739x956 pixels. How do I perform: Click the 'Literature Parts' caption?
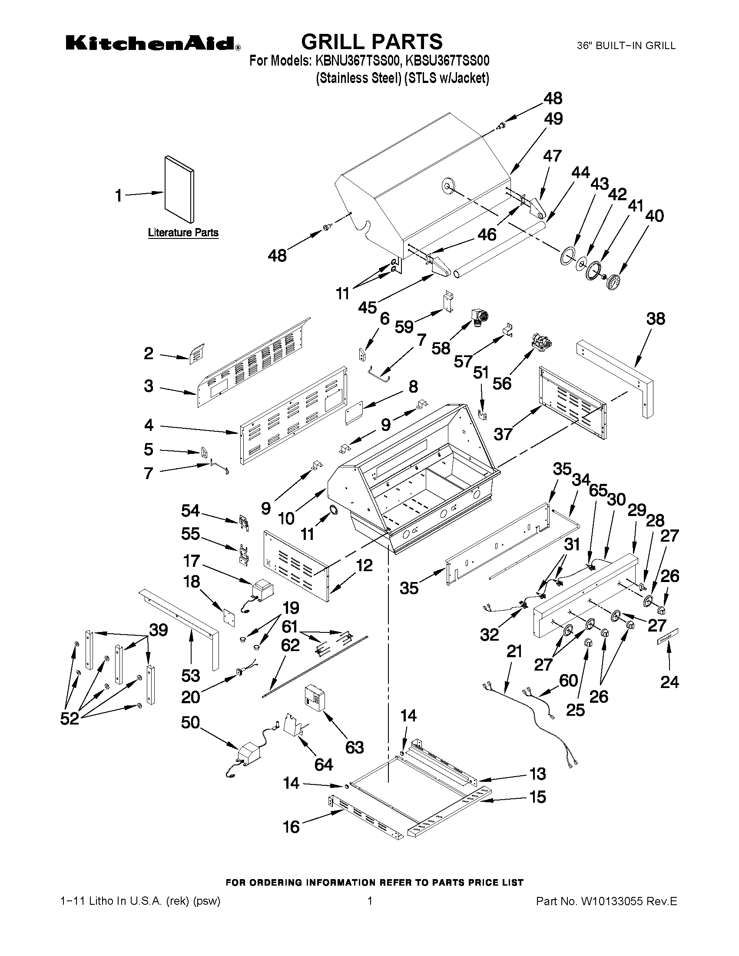pos(183,232)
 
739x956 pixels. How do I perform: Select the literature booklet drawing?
pos(179,189)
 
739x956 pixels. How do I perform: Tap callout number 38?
pos(656,319)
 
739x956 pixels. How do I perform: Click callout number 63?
pos(354,747)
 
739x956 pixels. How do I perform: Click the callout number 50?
pos(190,722)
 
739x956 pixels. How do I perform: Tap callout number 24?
pos(669,681)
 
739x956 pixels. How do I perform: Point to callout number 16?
pos(291,827)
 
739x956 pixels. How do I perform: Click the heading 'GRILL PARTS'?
pos(372,42)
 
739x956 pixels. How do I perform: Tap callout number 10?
pos(286,519)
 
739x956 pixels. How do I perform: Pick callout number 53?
pos(191,676)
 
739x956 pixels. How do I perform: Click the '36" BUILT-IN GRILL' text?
pos(626,46)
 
